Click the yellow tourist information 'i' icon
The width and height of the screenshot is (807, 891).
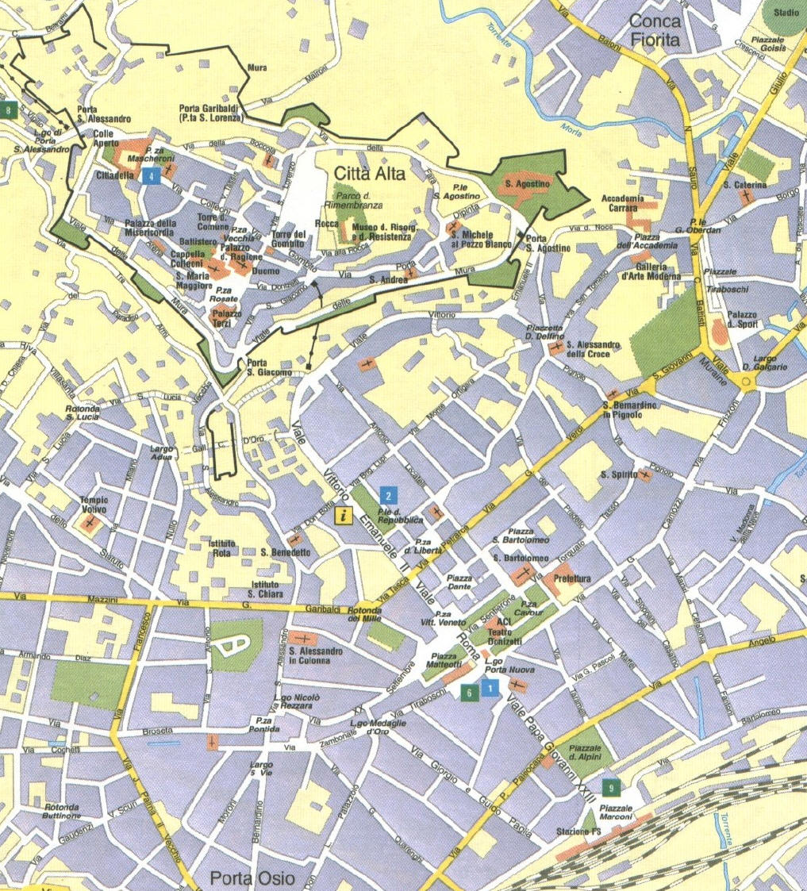pos(343,516)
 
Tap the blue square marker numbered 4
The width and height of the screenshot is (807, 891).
pos(149,177)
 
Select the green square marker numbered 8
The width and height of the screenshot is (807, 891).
pos(9,109)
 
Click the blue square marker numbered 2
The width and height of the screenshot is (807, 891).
pos(387,497)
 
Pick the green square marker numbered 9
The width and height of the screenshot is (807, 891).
pos(610,788)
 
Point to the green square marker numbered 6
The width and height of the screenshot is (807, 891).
pos(470,692)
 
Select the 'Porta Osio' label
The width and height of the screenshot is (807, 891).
pos(252,878)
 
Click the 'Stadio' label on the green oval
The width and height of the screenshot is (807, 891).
pos(786,13)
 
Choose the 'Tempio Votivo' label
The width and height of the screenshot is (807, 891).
pos(93,505)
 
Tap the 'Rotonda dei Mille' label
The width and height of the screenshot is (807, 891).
pos(375,616)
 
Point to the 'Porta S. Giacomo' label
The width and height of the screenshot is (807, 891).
pos(263,368)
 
